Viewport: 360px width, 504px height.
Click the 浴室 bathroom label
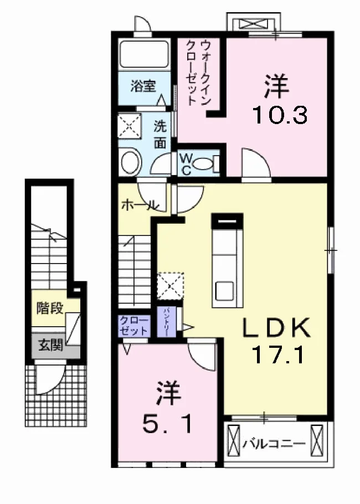143,86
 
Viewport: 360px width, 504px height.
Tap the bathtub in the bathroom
145,54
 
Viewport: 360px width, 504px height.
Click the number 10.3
280,115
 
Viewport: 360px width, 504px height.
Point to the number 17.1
277,354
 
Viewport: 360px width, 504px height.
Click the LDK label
276,327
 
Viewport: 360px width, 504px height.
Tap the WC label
186,164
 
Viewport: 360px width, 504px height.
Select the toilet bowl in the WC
206,164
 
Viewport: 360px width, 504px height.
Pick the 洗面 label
160,134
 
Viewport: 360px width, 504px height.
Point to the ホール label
140,205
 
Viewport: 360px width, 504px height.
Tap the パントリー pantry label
167,322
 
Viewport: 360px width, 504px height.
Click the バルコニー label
274,444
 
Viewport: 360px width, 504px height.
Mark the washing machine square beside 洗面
130,126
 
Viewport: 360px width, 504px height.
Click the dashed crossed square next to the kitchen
171,286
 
